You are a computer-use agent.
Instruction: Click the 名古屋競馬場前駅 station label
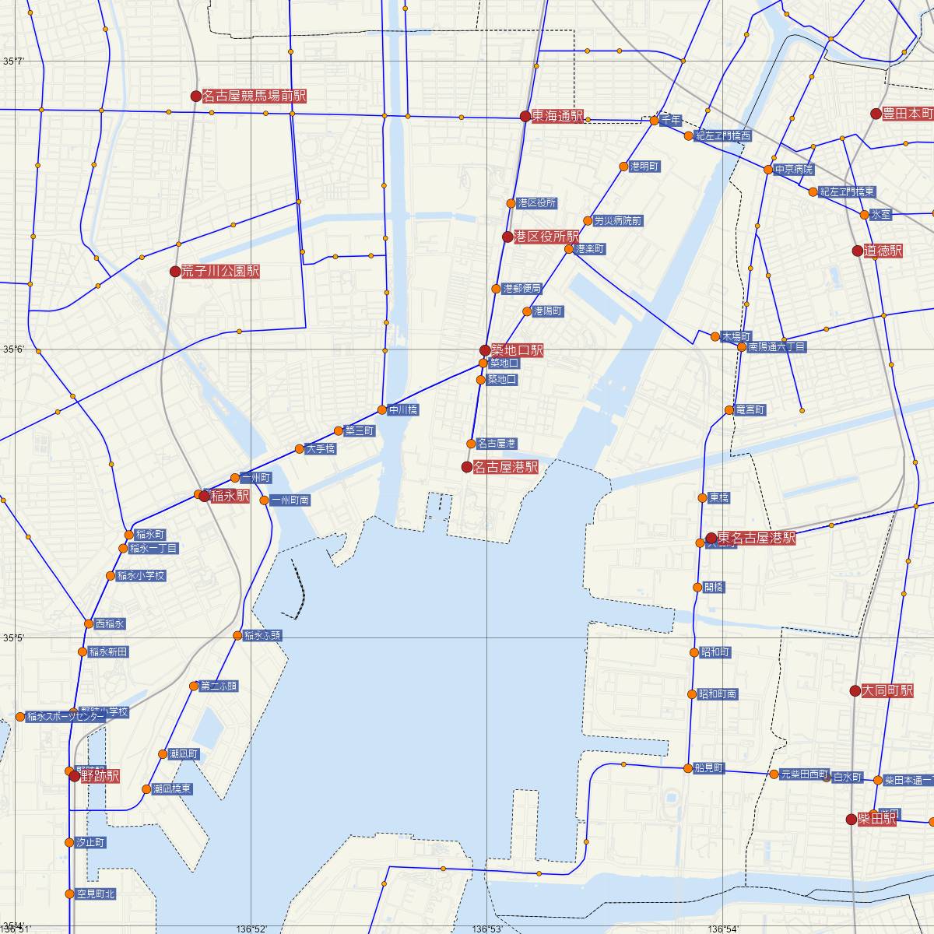[254, 97]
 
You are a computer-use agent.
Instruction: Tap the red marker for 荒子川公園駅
[175, 272]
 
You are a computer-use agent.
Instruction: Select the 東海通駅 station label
[557, 117]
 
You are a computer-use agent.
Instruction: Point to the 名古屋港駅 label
[505, 467]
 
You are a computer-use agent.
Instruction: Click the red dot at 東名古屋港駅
[711, 538]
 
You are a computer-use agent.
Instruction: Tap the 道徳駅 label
[883, 251]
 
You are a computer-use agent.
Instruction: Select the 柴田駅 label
[876, 819]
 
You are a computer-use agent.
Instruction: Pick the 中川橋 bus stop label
[404, 410]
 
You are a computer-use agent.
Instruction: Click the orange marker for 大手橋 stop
[300, 448]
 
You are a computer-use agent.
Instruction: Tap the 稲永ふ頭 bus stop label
[262, 635]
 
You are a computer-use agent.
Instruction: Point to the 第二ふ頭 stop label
[219, 686]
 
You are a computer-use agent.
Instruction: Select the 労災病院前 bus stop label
[618, 221]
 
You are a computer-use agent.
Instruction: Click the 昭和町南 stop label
[717, 693]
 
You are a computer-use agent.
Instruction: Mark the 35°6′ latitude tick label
[13, 349]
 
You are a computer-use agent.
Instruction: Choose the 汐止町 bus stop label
[90, 842]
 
